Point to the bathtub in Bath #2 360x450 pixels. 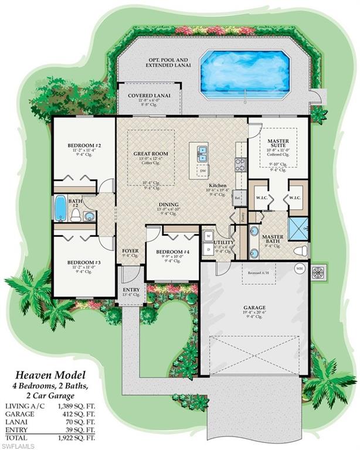[x=60, y=208]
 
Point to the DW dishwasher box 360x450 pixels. [x=202, y=171]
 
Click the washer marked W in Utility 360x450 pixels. [x=209, y=237]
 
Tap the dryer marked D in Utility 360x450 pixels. [x=209, y=250]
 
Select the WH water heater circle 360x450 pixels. [x=300, y=269]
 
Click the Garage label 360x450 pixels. [x=254, y=307]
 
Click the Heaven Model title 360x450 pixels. [x=46, y=375]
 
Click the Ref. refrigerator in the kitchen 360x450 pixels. [x=237, y=197]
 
